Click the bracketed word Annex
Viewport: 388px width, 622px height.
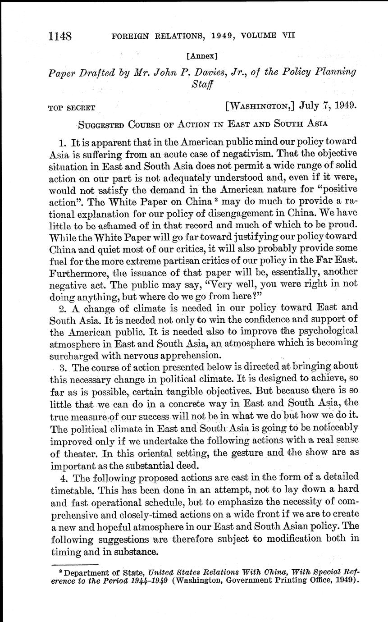tap(201, 56)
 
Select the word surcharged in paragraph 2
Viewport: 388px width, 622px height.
tap(73, 354)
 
